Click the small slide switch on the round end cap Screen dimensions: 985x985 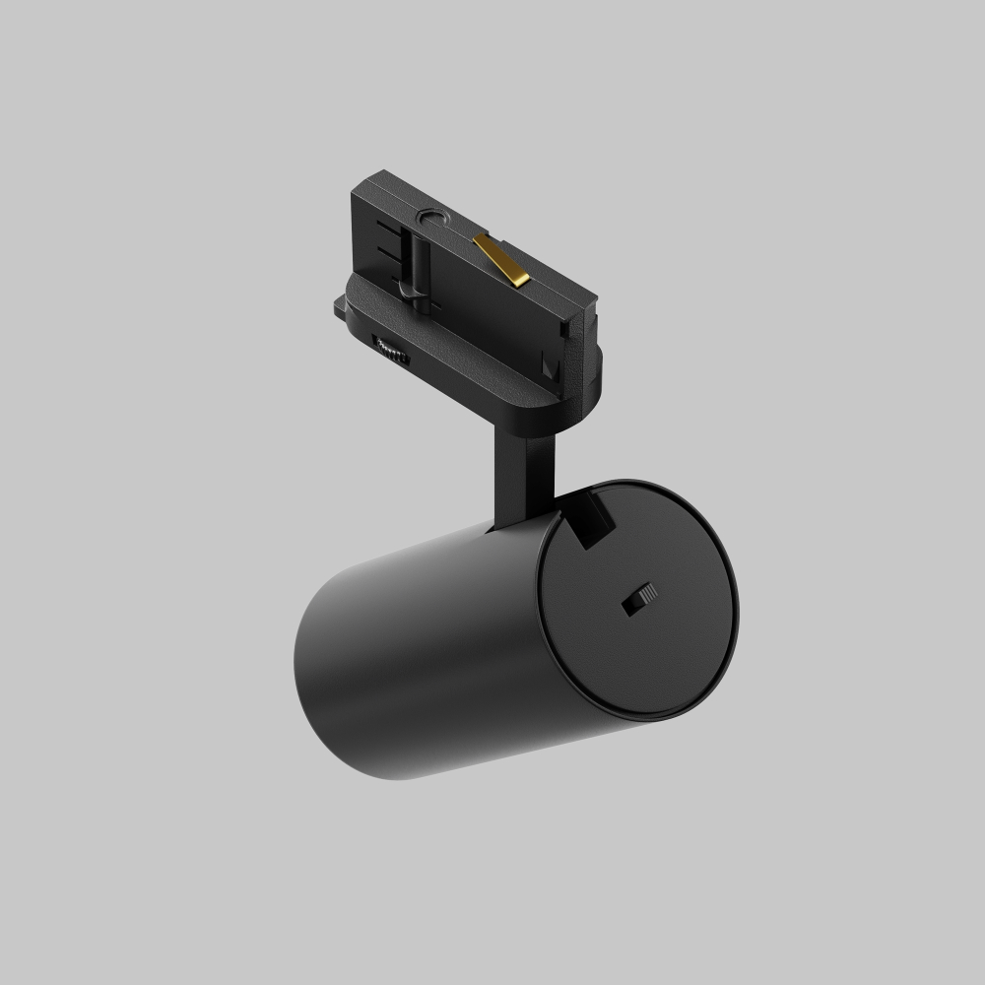tap(638, 599)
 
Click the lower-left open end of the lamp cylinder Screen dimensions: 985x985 tap(315, 680)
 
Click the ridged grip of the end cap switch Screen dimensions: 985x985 tap(645, 594)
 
